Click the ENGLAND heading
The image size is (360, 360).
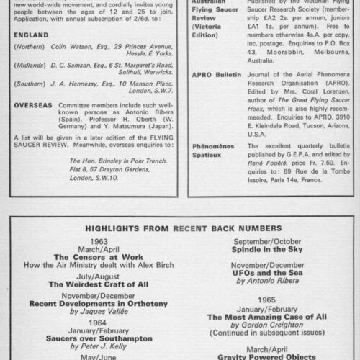pos(30,35)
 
